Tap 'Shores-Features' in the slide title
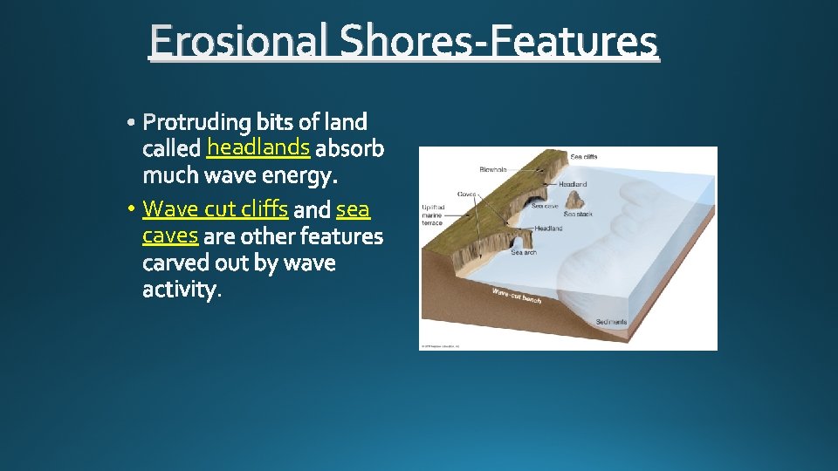click(x=498, y=43)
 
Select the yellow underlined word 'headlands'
click(x=258, y=147)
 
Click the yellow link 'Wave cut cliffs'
click(x=215, y=209)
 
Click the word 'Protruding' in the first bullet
click(x=197, y=121)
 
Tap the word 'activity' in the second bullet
click(x=180, y=290)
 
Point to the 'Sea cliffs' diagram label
click(x=584, y=157)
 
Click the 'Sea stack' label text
click(x=578, y=214)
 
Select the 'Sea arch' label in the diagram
click(x=524, y=253)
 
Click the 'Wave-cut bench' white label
click(x=516, y=296)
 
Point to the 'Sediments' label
click(x=611, y=322)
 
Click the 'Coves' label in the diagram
click(x=465, y=194)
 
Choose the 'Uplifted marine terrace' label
click(x=432, y=215)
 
